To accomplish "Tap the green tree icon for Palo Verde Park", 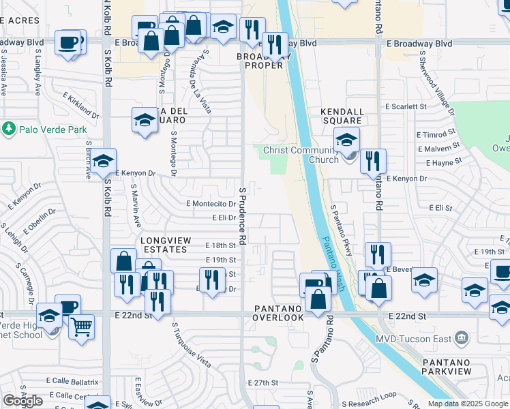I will (9, 128).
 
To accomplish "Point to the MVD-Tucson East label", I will (413, 338).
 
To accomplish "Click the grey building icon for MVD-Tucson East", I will (462, 338).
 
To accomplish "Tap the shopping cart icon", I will (81, 327).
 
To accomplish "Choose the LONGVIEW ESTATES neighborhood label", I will (164, 245).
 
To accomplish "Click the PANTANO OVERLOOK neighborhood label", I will (278, 313).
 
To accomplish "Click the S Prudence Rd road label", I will (242, 211).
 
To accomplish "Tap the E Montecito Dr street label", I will (211, 203).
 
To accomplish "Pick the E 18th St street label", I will (221, 245).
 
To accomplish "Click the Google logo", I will (23, 401).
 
